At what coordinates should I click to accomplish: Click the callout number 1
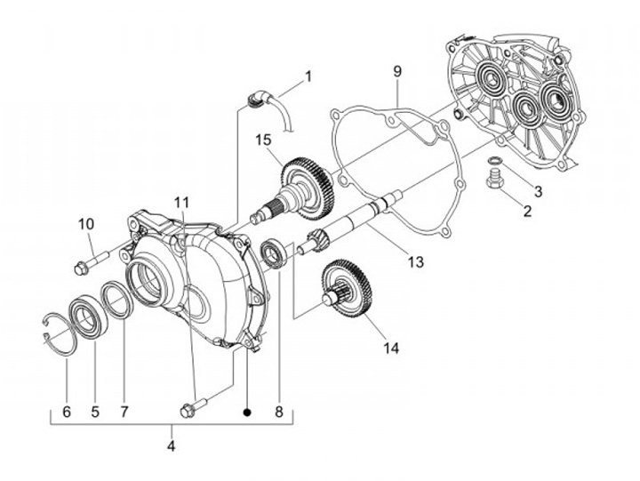308,76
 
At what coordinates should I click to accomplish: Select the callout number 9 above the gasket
397,71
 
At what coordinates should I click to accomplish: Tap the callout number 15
263,140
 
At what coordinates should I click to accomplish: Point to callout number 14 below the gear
390,348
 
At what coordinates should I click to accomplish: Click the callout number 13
416,261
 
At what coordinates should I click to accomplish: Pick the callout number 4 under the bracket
171,445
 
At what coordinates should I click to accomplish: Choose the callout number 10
86,224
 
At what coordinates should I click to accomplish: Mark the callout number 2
527,211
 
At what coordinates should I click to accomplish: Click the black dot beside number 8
246,413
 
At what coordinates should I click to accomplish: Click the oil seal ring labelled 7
117,301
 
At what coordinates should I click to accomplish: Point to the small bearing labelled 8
273,255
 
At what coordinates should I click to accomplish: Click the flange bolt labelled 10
92,262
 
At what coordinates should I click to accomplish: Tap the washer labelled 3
495,159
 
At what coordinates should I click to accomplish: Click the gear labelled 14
348,288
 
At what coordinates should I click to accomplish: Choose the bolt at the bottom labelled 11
194,406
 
